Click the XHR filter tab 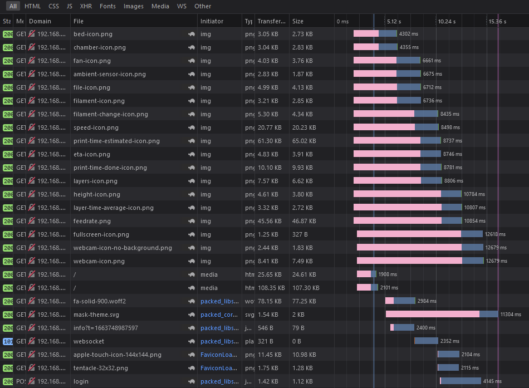coord(86,6)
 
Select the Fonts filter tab coord(108,6)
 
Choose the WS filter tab coord(182,6)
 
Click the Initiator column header coord(212,21)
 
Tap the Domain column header coord(40,21)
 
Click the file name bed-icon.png coord(93,34)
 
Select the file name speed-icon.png coord(96,127)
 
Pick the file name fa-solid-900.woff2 coord(100,301)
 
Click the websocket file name coord(89,341)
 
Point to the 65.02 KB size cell coord(304,141)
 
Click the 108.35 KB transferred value coord(271,288)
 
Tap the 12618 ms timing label coord(495,234)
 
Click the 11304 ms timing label coord(511,315)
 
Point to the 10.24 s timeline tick coord(447,21)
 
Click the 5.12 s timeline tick coord(394,21)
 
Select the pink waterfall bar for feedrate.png coord(397,221)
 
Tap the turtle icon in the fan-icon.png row coord(191,61)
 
